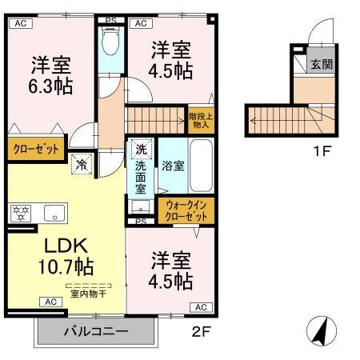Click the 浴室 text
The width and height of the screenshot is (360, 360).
174,166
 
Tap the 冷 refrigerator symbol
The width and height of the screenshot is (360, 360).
82,165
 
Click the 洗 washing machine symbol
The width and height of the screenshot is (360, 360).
140,148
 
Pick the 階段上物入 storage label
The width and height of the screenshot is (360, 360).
200,119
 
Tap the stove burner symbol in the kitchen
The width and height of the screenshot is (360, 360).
21,214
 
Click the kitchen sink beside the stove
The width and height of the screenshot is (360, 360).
54,214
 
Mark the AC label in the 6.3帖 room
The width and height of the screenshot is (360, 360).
21,23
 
